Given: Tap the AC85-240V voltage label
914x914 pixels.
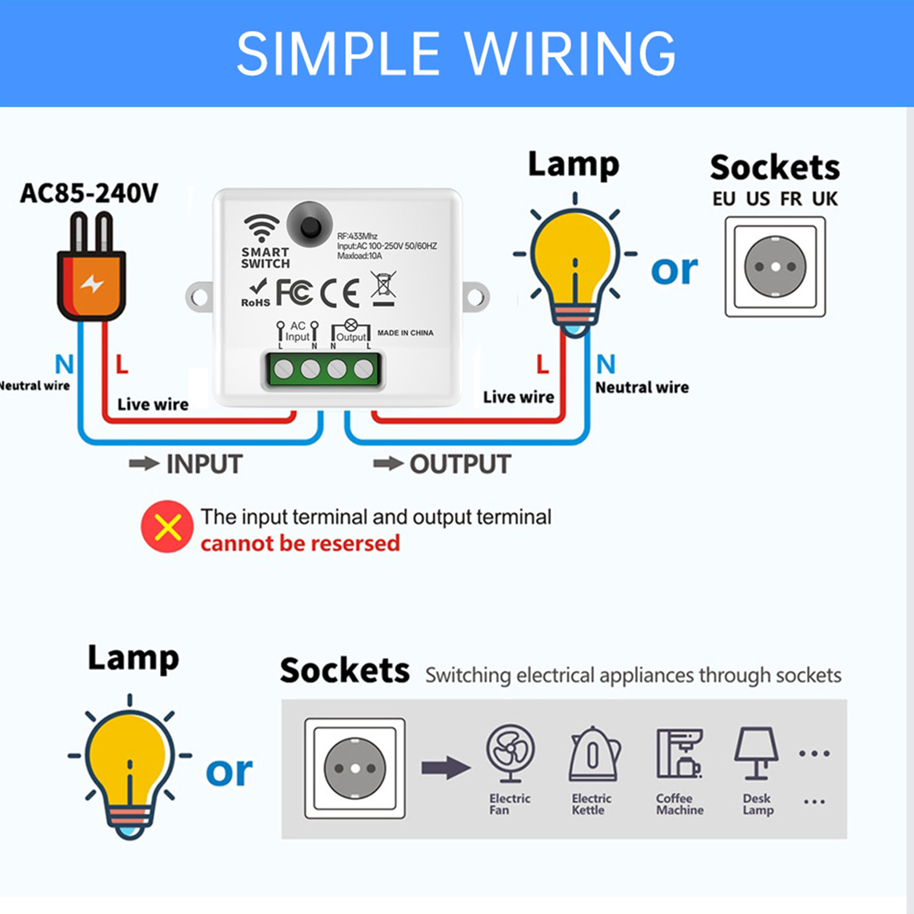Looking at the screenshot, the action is point(89,194).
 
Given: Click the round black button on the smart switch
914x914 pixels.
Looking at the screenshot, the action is point(309,225).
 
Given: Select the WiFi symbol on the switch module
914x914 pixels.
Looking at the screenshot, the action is point(261,228).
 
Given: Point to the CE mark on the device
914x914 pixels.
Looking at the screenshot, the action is point(340,293).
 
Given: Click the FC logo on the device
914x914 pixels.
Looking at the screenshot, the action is point(295,292).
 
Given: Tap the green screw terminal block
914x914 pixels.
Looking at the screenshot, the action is point(323,370).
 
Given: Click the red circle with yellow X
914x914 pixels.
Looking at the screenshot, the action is point(167,526).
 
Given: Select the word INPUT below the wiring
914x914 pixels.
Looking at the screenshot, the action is point(204,464).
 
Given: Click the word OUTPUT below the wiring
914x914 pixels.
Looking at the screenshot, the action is point(460,464).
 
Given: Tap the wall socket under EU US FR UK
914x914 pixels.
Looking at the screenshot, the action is point(775,267).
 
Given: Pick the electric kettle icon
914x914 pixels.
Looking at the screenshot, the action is point(594,754).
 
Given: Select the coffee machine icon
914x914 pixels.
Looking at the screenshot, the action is point(679,754).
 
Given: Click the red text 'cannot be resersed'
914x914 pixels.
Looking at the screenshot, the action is point(300,543).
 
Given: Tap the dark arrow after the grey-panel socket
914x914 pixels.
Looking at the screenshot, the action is point(446,768).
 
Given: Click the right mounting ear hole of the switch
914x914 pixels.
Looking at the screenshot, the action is point(476,297).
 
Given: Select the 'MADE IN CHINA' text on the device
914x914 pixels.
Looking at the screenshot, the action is point(405,333).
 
